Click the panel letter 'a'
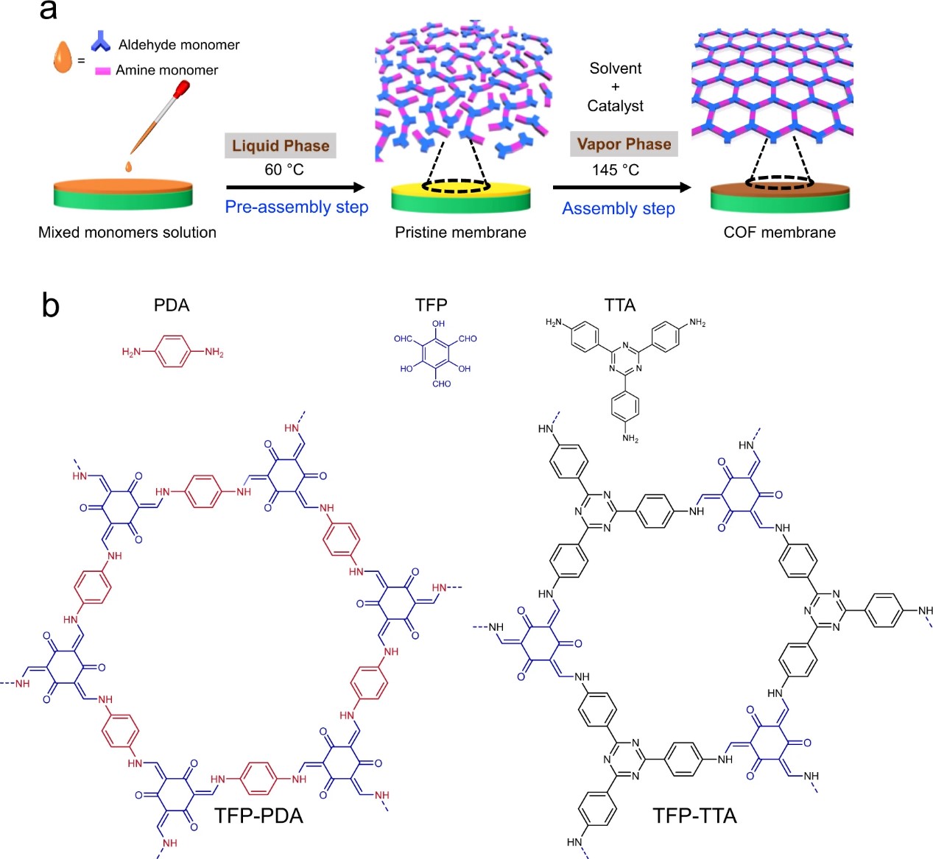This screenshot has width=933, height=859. click(x=48, y=10)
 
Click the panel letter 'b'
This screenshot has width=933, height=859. click(x=50, y=305)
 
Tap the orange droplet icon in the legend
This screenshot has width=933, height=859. click(x=63, y=57)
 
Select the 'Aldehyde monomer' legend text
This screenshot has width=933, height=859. click(x=179, y=45)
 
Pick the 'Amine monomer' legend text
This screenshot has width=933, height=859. click(x=166, y=70)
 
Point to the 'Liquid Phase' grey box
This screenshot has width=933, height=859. click(x=281, y=146)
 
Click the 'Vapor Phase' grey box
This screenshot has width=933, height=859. click(x=624, y=144)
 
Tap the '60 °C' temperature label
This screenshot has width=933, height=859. click(x=284, y=170)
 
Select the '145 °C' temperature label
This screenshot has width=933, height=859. click(x=616, y=170)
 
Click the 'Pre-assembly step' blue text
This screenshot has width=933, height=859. click(x=297, y=207)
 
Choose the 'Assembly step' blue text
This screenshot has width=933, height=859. click(x=619, y=208)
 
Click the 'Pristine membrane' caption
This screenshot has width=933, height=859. click(x=460, y=233)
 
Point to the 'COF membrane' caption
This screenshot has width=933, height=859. click(x=779, y=233)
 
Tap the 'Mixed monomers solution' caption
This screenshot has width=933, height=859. click(x=127, y=233)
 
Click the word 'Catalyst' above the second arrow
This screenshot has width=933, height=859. click(x=615, y=106)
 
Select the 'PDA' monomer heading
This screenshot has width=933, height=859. click(x=172, y=305)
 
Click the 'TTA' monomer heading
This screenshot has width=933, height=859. click(x=620, y=305)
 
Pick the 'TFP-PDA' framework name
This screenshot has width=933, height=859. click(x=258, y=816)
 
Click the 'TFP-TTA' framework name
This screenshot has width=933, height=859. click(x=694, y=816)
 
